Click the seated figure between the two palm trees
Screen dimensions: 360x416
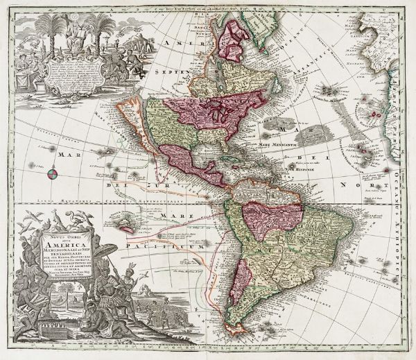[x=78, y=27]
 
